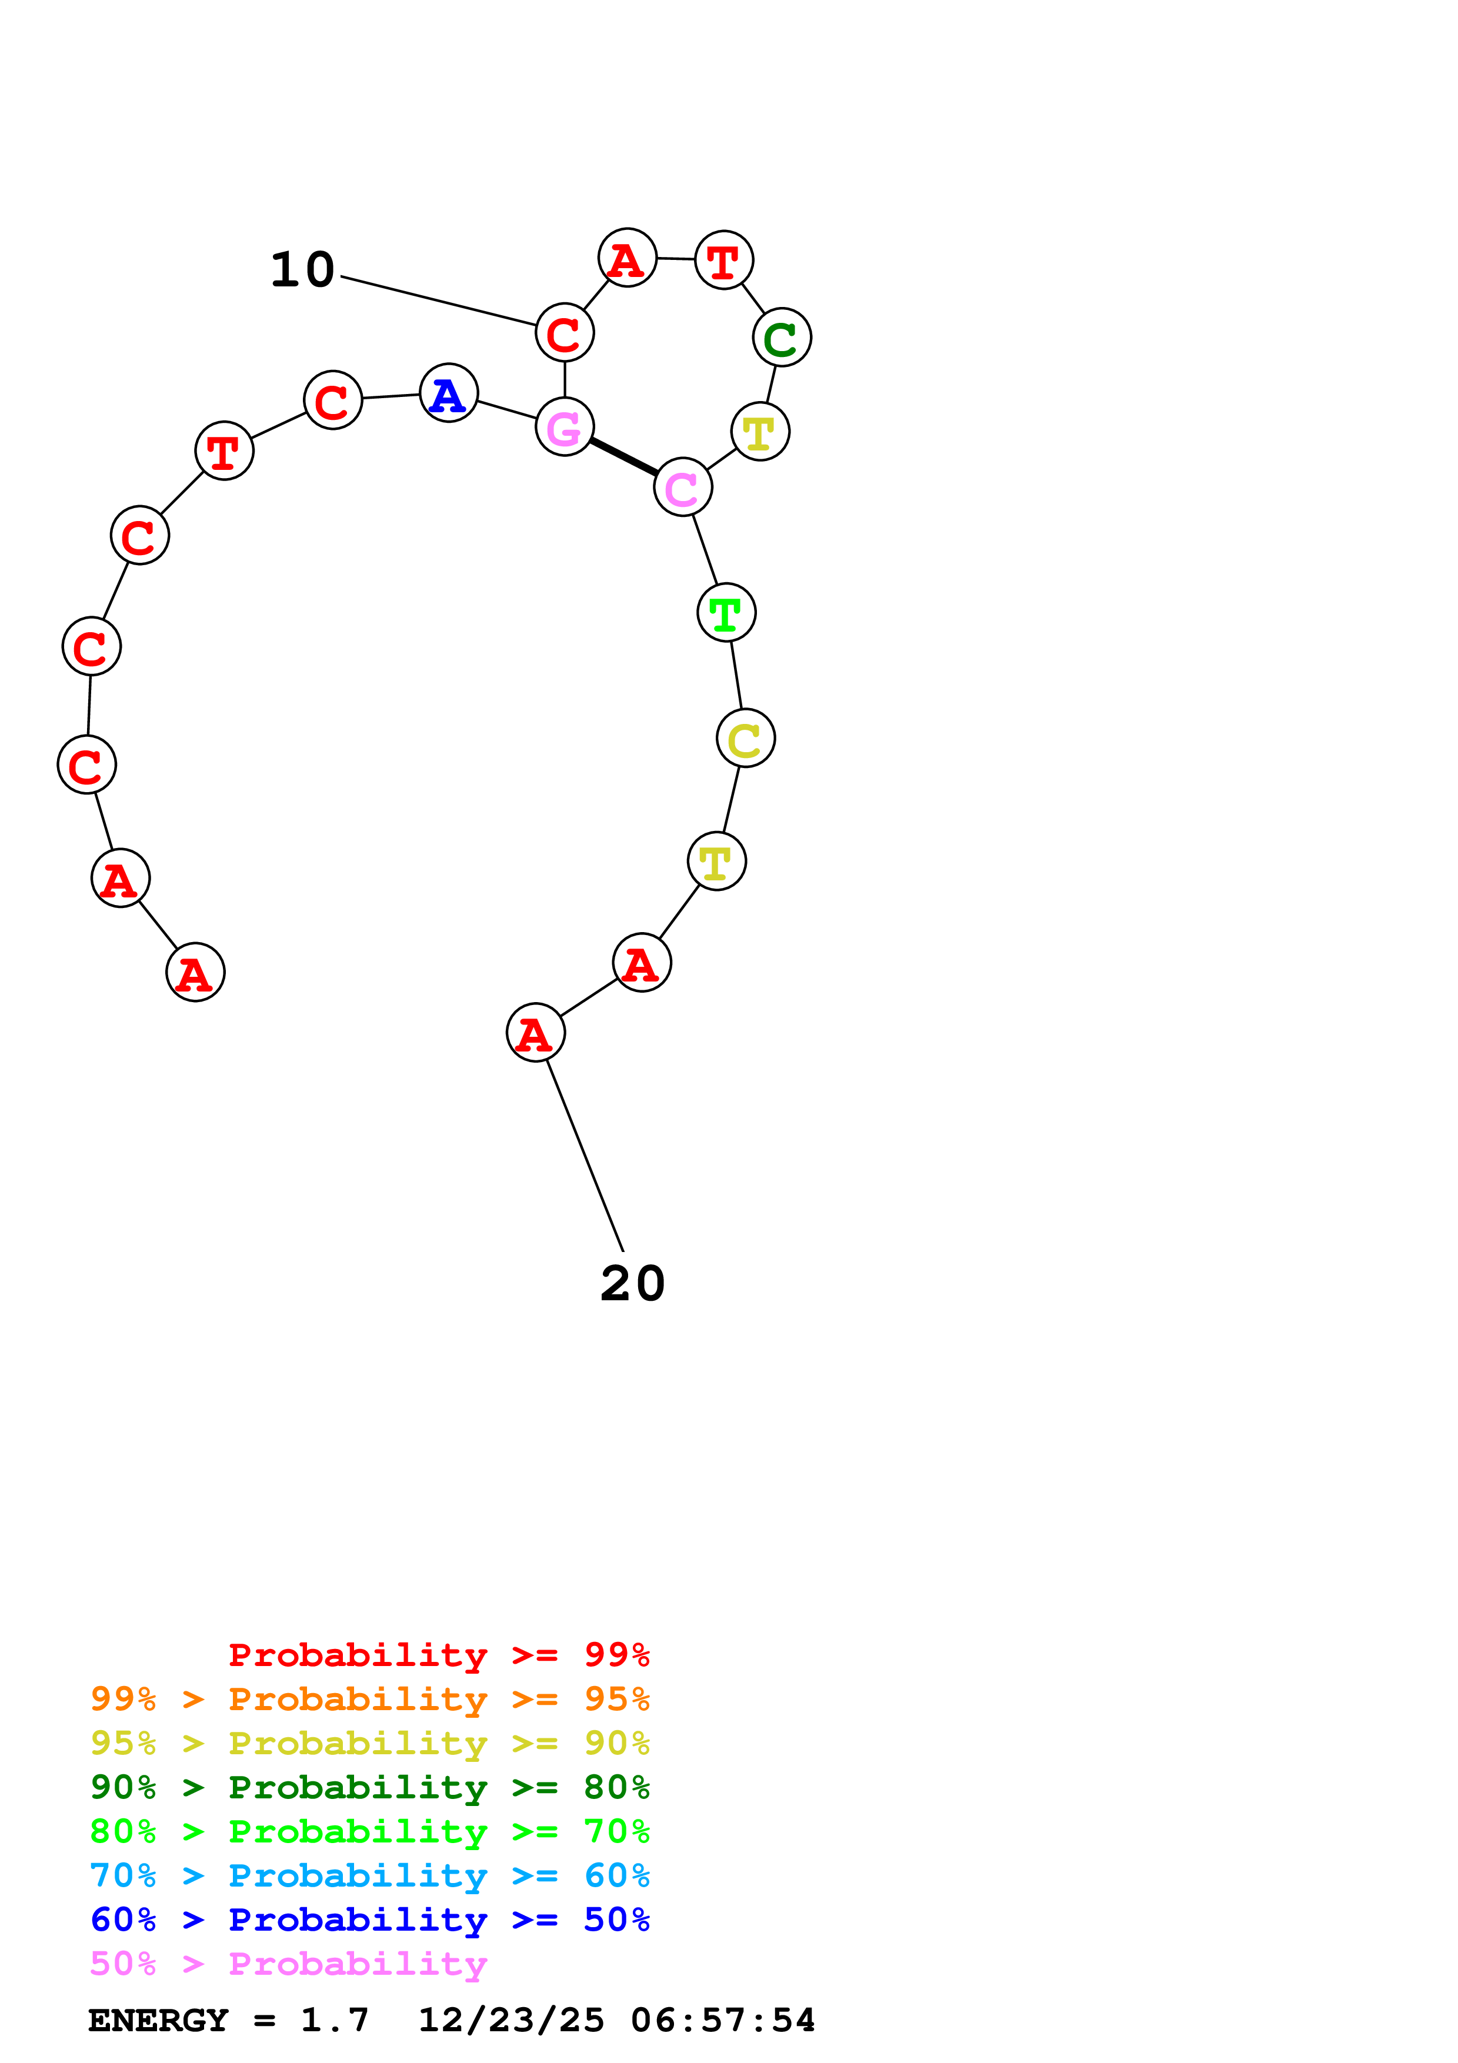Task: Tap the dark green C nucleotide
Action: (782, 337)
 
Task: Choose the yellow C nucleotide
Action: (746, 739)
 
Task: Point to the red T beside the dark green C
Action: (724, 261)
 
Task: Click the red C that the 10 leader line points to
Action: (564, 332)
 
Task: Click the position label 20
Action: (632, 1283)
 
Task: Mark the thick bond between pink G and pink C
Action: (623, 456)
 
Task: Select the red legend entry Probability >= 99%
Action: (438, 1655)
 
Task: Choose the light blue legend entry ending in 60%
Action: (369, 1875)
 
